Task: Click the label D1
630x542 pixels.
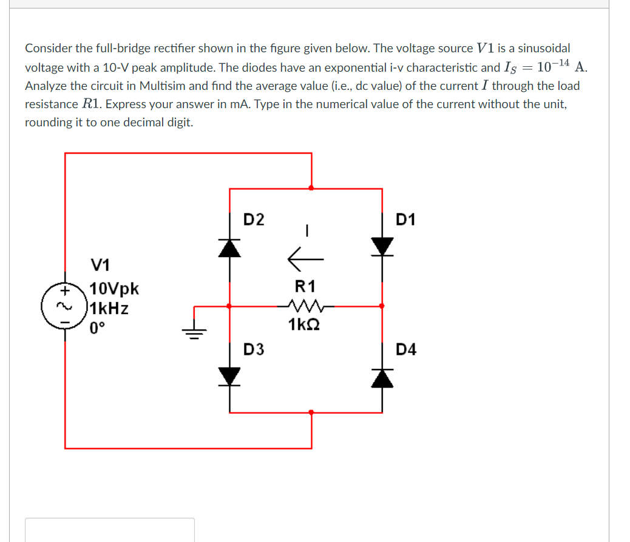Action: [x=405, y=219]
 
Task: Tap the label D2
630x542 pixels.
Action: [x=254, y=219]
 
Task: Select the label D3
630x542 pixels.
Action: [x=254, y=349]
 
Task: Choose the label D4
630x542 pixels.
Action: [x=405, y=349]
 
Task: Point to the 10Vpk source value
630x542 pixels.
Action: [x=114, y=289]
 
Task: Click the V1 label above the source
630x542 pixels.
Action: [x=100, y=266]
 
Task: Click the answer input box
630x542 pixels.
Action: [x=110, y=529]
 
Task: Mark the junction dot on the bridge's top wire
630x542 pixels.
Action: [x=311, y=188]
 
